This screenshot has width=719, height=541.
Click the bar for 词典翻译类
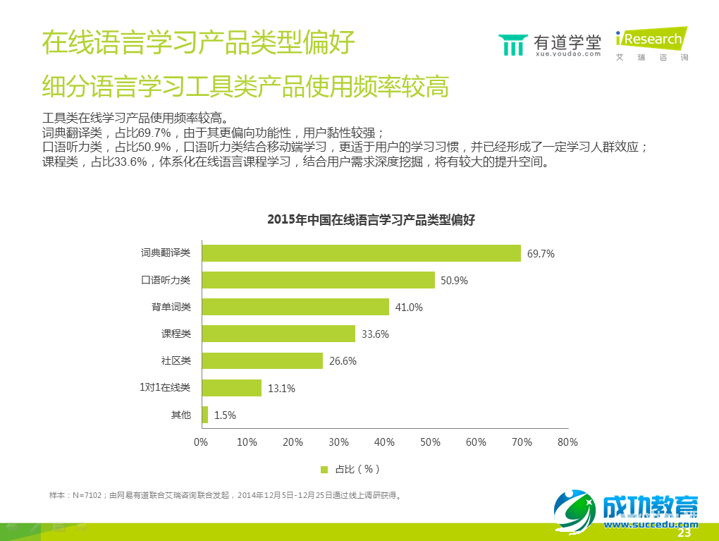pos(361,253)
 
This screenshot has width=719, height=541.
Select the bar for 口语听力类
pos(318,280)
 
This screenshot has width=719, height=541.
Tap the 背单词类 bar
pos(295,307)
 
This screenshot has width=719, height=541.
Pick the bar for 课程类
pos(278,334)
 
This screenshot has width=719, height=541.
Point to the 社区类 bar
pos(262,360)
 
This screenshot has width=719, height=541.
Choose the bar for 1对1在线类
pos(231,387)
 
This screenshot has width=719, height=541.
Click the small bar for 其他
pos(205,415)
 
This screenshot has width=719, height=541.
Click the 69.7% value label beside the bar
pos(541,254)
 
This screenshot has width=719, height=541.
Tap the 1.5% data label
pos(225,415)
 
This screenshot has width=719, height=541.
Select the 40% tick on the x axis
pos(384,442)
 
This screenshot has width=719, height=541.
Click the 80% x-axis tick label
pos(567,442)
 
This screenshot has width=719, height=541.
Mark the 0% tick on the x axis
pos(201,442)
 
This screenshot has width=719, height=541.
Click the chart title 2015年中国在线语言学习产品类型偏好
pos(371,219)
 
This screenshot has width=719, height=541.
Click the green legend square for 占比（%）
pos(324,469)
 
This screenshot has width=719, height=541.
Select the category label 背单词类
pos(171,307)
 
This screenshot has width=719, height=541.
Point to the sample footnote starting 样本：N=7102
pos(225,495)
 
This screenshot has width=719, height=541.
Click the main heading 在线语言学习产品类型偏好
pos(198,43)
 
